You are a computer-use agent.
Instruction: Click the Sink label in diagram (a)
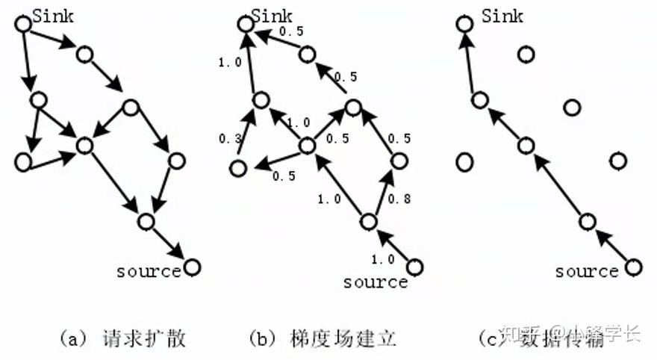click(53, 15)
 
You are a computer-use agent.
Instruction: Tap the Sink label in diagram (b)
click(272, 14)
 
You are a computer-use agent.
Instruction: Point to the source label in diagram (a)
click(149, 270)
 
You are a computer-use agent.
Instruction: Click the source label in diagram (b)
click(375, 282)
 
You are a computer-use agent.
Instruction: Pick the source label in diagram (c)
click(587, 270)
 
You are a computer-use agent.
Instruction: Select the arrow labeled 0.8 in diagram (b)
click(382, 191)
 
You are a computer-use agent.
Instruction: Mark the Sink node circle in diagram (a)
click(22, 23)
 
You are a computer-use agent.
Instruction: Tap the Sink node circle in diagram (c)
click(464, 23)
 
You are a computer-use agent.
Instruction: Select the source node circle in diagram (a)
click(192, 266)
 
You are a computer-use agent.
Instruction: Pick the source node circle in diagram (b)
click(415, 267)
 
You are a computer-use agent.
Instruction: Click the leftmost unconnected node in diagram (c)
click(464, 161)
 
